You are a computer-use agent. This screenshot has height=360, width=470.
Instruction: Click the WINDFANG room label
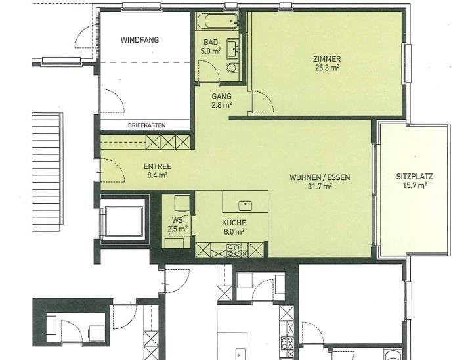[140, 40]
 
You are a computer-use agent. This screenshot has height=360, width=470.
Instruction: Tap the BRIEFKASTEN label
[146, 125]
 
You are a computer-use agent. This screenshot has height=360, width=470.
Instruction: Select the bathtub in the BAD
[218, 21]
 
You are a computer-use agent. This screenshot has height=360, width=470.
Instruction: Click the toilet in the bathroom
[232, 68]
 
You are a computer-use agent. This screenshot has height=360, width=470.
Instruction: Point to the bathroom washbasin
[232, 48]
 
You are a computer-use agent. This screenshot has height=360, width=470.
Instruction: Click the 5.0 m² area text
[211, 51]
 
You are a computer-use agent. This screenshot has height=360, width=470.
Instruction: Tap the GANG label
[221, 97]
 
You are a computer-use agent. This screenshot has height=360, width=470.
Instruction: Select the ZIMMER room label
[327, 59]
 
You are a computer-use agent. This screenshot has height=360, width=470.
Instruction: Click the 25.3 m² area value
[327, 68]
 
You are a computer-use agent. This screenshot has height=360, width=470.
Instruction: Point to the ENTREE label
[158, 166]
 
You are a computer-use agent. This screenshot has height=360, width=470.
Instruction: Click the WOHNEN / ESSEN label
[320, 177]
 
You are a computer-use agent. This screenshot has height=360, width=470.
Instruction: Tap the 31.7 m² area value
[320, 187]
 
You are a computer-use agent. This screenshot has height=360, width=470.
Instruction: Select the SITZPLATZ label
[415, 177]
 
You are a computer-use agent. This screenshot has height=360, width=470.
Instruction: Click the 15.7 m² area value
[415, 185]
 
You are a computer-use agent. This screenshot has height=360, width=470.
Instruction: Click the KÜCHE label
[234, 223]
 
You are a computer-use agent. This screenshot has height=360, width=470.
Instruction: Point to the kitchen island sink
[246, 206]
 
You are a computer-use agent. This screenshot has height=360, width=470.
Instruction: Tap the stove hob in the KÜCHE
[233, 250]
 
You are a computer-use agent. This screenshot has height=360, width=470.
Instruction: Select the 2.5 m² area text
[177, 229]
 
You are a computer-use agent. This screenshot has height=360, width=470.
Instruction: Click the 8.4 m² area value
[158, 175]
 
